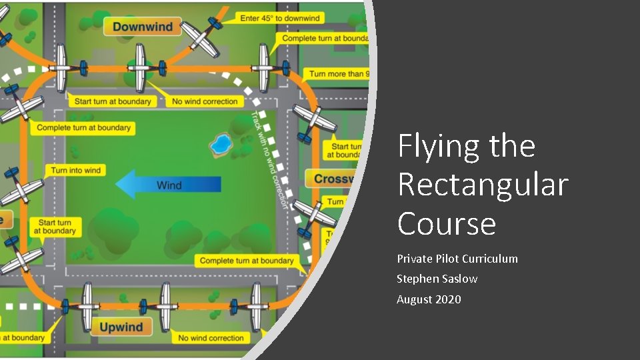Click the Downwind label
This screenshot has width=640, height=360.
(x=142, y=27)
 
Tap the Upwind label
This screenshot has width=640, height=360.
(x=121, y=327)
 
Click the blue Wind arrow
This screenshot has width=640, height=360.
(x=168, y=184)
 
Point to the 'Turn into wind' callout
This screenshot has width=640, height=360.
(x=75, y=171)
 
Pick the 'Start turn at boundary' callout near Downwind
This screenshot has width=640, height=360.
(x=113, y=101)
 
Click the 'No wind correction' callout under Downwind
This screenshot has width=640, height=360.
(x=205, y=101)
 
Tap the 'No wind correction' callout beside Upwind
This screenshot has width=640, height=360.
(x=211, y=338)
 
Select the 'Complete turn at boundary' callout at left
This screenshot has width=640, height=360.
(x=84, y=127)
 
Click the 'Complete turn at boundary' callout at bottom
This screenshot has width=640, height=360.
(x=247, y=261)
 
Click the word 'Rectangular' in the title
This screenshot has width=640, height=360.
(x=483, y=185)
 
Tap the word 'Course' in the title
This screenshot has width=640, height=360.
(x=447, y=223)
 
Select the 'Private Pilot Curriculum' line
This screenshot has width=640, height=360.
(x=457, y=259)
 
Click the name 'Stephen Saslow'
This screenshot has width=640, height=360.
(x=437, y=279)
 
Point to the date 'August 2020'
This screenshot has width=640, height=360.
(x=429, y=299)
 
